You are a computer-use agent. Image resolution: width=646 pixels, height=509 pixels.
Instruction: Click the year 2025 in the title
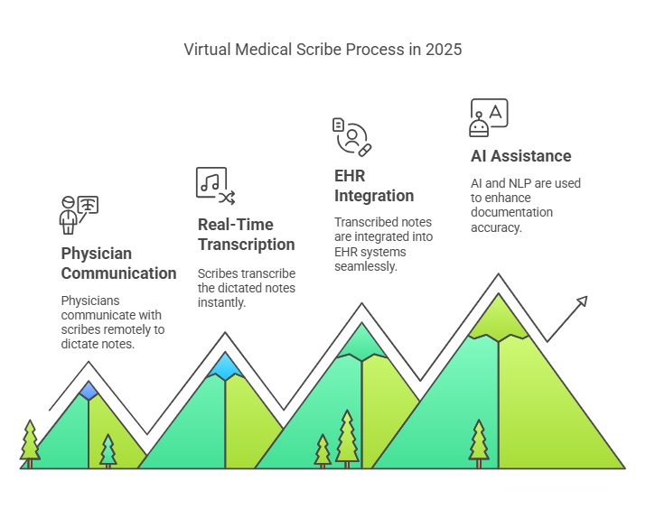point(444,50)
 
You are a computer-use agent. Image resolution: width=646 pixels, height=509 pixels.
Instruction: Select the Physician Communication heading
point(118,263)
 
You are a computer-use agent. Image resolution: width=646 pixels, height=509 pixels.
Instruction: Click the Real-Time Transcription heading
point(246,234)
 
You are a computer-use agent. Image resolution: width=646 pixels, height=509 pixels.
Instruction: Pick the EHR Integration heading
point(374,185)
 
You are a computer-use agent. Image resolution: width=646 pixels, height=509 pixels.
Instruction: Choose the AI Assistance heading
point(520,156)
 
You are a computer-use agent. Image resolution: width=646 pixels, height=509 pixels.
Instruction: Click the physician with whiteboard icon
point(79,214)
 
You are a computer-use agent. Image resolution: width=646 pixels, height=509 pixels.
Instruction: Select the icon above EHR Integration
point(351,135)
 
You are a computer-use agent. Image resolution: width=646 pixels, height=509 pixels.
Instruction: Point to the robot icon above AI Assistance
point(489,117)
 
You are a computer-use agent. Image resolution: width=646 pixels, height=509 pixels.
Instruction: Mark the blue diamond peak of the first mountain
point(89,390)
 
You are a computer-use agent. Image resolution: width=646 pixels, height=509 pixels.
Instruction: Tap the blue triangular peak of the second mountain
point(225,365)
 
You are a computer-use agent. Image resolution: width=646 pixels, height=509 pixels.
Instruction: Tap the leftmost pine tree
point(30,442)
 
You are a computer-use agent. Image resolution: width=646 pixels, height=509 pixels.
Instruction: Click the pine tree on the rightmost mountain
point(478,442)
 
